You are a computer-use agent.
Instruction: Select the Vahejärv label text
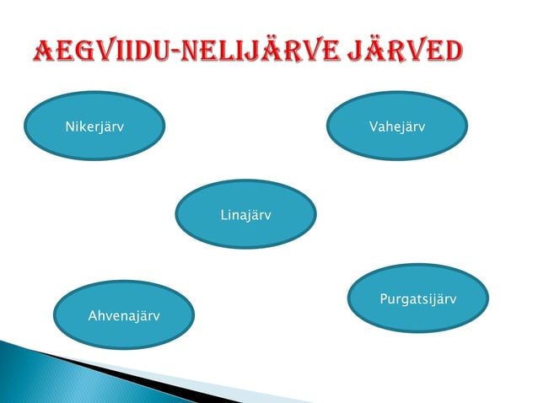396,127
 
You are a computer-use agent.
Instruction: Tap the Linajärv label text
245,216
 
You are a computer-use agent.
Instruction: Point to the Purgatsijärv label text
418,300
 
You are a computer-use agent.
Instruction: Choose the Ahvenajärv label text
124,316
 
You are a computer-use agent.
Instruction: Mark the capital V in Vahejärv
373,127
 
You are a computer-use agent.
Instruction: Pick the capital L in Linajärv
223,216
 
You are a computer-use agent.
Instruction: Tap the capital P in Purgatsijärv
385,300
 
